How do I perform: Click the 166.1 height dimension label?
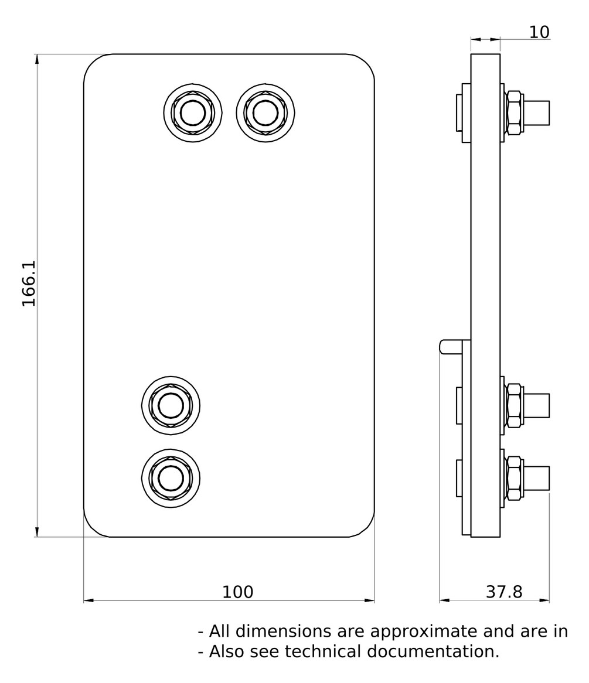(29, 284)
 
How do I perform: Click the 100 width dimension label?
(237, 592)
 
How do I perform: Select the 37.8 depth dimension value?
(504, 592)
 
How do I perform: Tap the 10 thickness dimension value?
(539, 32)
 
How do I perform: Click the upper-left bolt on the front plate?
(193, 112)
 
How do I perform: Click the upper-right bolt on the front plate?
(265, 112)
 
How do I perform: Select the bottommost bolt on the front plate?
(171, 478)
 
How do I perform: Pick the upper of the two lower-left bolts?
(171, 405)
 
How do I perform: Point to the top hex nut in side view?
(513, 112)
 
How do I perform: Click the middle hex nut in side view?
(513, 405)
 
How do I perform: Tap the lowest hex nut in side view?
(513, 478)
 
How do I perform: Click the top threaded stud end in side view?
(537, 112)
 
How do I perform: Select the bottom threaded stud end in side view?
(537, 478)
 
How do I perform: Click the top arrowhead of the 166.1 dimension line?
(37, 59)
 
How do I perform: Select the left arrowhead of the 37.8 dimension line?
(444, 600)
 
